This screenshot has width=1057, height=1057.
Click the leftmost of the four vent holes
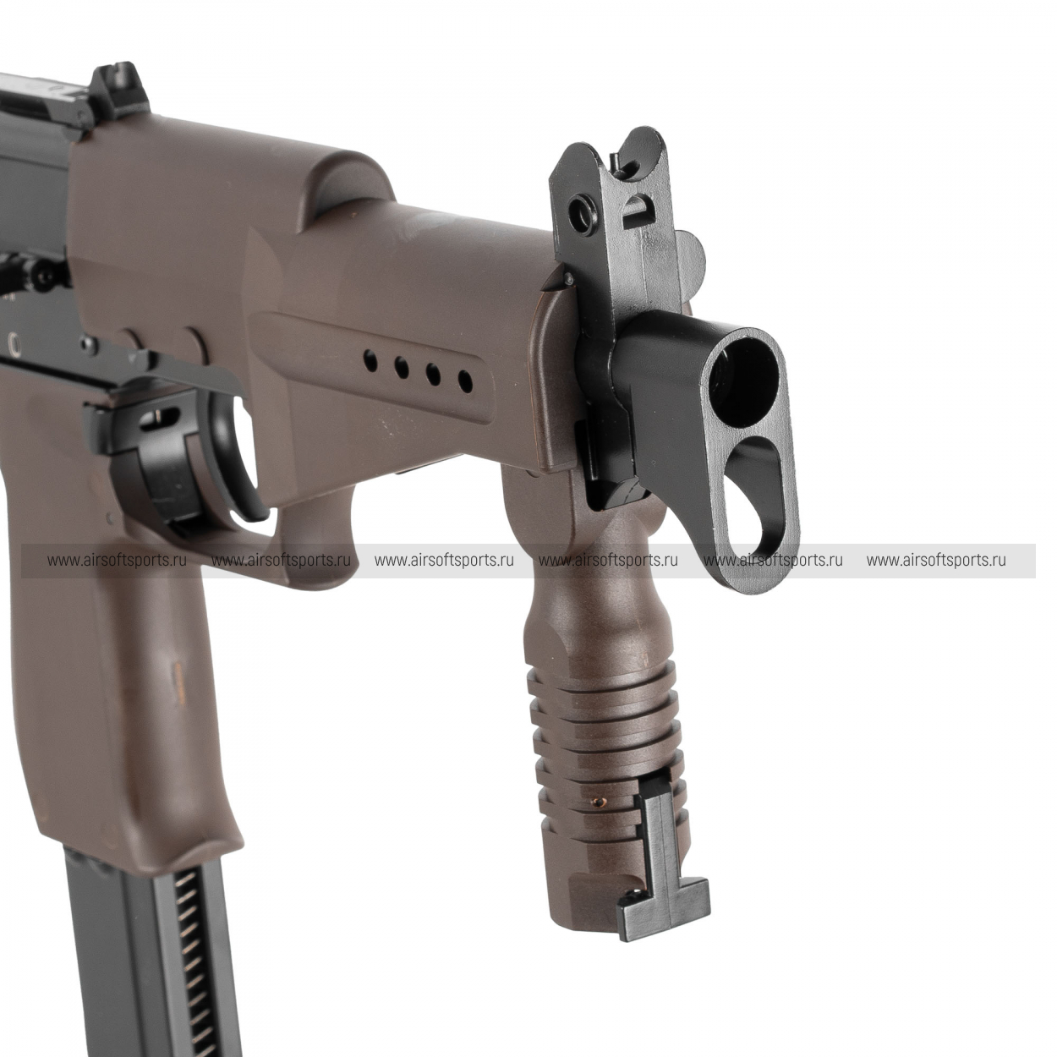coord(371,361)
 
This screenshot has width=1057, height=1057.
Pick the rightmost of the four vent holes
coord(465,381)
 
